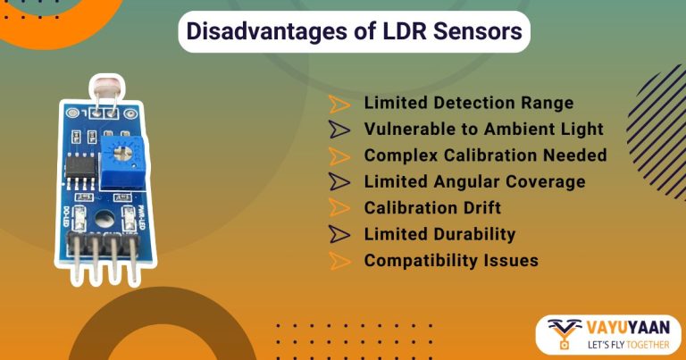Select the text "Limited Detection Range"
click(468, 104)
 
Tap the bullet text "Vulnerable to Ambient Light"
click(483, 130)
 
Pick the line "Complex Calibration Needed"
click(485, 155)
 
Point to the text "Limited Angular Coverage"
click(474, 182)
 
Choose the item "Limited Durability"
click(439, 235)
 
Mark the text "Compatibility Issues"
click(451, 261)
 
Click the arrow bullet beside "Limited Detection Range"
click(339, 104)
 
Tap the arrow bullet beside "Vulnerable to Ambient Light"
click(339, 130)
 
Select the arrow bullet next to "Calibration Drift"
click(339, 208)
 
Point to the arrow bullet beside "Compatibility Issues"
click(339, 261)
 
